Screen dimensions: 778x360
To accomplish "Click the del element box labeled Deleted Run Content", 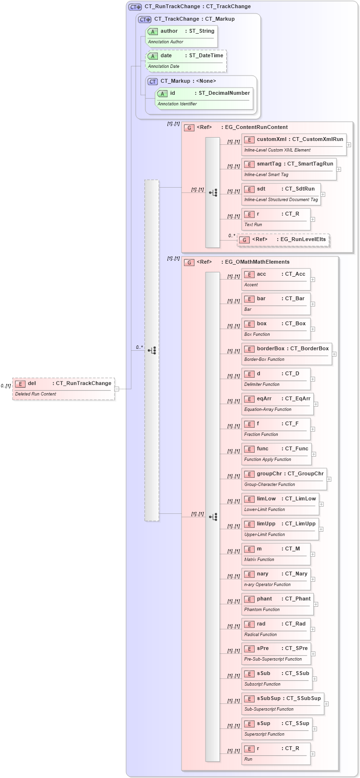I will pyautogui.click(x=64, y=388).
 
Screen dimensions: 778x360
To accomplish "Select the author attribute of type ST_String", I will pyautogui.click(x=181, y=36).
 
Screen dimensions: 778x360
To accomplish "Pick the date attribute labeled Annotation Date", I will pyautogui.click(x=186, y=61).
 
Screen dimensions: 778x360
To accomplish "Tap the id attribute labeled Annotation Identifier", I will pyautogui.click(x=204, y=98).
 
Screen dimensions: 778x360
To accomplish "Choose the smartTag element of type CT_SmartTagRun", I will pyautogui.click(x=289, y=169).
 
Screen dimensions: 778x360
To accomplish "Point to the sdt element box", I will pyautogui.click(x=281, y=194).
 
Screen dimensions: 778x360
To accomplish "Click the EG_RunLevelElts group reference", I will pyautogui.click(x=283, y=240).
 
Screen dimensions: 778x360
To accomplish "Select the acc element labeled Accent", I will pyautogui.click(x=276, y=279).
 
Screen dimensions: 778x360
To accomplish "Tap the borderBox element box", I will pyautogui.click(x=286, y=354).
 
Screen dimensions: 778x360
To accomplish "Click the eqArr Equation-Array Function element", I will pyautogui.click(x=277, y=404).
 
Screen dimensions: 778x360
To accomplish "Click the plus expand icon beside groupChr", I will pyautogui.click(x=329, y=479).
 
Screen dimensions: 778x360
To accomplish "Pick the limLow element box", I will pyautogui.click(x=280, y=504).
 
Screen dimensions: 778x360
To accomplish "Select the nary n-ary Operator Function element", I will pyautogui.click(x=276, y=579).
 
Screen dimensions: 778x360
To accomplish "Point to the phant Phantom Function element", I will pyautogui.click(x=277, y=604).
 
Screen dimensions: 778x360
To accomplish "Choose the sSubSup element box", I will pyautogui.click(x=283, y=703).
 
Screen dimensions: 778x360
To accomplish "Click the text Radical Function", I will pyautogui.click(x=260, y=635).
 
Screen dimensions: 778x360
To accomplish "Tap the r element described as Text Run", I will pyautogui.click(x=276, y=219).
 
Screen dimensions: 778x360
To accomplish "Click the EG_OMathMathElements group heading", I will pyautogui.click(x=257, y=262).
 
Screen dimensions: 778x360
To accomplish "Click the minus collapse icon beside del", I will pyautogui.click(x=117, y=389).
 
